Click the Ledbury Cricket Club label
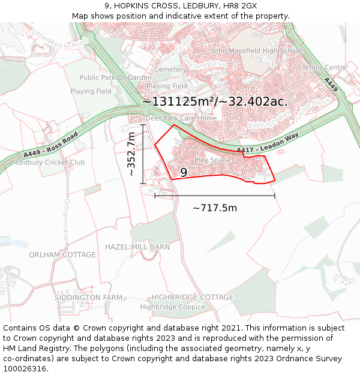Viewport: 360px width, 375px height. click(50, 163)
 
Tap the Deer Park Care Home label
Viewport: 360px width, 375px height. click(181, 118)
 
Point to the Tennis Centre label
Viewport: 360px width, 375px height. click(325, 67)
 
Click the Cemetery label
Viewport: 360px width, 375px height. click(170, 70)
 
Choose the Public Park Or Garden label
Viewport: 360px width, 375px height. click(115, 77)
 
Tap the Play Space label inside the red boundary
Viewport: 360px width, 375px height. click(212, 160)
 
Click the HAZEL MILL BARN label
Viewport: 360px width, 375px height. click(137, 247)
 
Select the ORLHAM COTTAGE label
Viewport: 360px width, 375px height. click(62, 254)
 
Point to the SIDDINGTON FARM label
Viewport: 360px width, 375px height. click(88, 298)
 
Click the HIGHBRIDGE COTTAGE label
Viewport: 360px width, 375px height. click(192, 297)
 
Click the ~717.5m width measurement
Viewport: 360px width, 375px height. click(214, 208)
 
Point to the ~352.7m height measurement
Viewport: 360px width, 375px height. click(131, 154)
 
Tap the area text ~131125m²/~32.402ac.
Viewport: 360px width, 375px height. click(214, 101)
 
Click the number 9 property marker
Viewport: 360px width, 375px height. click(184, 173)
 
